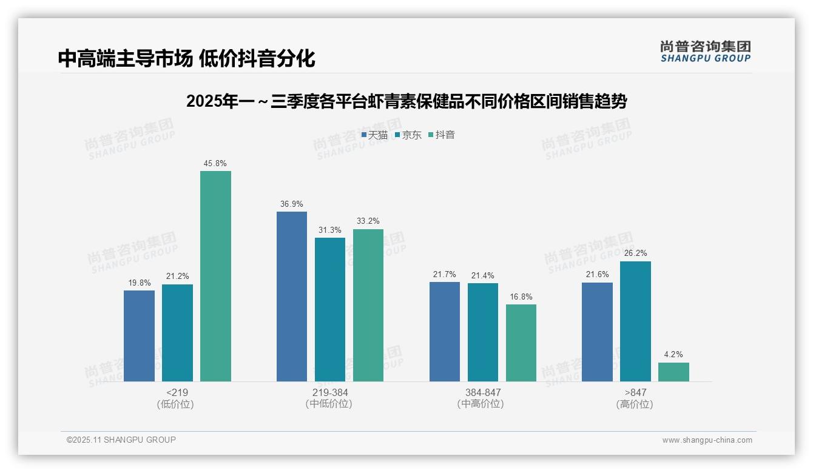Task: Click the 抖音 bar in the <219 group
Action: pos(215,276)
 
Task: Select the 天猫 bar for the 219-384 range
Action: pos(292,297)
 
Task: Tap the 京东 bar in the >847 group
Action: pos(635,321)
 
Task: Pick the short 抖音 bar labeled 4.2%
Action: pos(673,372)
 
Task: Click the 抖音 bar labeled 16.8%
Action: pos(521,343)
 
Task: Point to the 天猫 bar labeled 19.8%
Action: pos(139,336)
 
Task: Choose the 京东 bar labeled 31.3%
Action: pos(330,309)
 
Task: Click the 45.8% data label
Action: pos(215,164)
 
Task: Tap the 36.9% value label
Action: pos(292,204)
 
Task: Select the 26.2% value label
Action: pos(635,253)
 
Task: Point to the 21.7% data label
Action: pos(445,275)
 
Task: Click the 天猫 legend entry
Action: pos(374,135)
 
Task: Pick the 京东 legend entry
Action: pos(408,135)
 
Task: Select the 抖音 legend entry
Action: pos(442,135)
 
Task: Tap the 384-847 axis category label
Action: pos(483,392)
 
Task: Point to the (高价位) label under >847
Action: pos(635,404)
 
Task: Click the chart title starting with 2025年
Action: pos(406,101)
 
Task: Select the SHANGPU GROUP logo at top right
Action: pos(705,52)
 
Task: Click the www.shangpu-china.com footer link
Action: pos(707,440)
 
